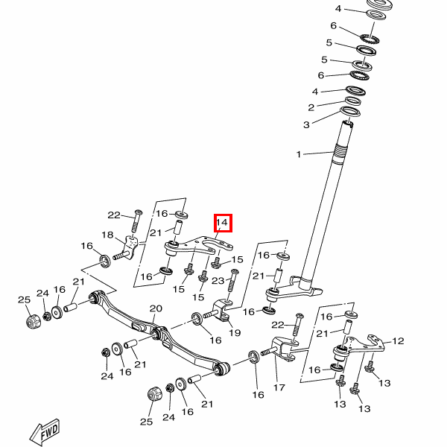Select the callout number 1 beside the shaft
click(299, 155)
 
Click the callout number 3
click(305, 124)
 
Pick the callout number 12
click(398, 341)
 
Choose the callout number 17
click(279, 387)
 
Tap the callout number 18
click(108, 235)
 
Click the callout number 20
click(156, 308)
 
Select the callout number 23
click(218, 281)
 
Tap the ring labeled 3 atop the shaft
click(349, 112)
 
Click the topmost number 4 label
click(337, 9)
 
